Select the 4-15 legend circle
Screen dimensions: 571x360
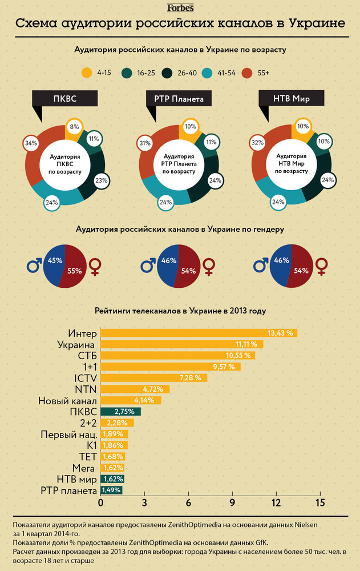(87, 73)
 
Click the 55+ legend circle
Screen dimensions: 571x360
(247, 73)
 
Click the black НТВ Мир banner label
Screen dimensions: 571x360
(292, 99)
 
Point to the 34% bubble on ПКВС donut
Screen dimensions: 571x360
(30, 143)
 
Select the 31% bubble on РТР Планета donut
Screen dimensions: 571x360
(144, 143)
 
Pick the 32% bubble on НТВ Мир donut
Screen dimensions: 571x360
(258, 143)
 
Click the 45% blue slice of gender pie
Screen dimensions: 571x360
(55, 264)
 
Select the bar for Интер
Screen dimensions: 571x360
(199, 333)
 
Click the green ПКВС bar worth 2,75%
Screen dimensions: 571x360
(120, 411)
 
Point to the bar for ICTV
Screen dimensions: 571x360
(153, 378)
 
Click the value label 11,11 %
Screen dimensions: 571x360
(247, 344)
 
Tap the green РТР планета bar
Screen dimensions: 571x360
(111, 490)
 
